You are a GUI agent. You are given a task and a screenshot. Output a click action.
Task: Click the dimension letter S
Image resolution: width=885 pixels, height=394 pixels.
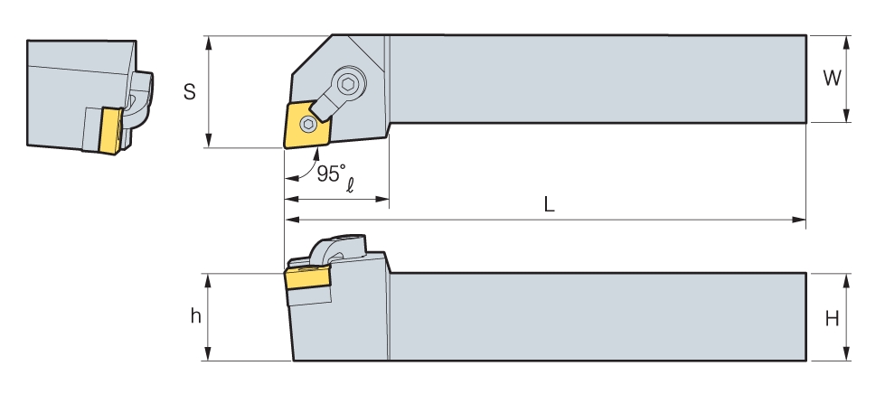click(x=190, y=91)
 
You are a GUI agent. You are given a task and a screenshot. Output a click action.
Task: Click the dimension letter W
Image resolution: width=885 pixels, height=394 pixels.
click(x=832, y=78)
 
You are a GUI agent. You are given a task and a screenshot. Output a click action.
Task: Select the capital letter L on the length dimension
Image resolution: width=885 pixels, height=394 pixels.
click(x=550, y=204)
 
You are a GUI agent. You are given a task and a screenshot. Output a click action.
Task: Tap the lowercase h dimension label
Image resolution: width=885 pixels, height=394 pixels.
click(x=196, y=316)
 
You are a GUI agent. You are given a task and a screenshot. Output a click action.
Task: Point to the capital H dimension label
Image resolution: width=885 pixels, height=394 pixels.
click(x=832, y=320)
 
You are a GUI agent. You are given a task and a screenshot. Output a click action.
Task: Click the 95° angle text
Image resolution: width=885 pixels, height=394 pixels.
click(x=330, y=174)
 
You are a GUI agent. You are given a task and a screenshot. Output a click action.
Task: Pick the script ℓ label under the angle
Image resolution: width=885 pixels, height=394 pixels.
click(x=350, y=184)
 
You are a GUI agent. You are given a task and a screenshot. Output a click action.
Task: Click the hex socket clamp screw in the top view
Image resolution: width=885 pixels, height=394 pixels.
click(x=349, y=85)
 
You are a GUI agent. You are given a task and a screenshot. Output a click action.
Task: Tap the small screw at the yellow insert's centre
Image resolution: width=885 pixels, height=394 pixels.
click(x=308, y=124)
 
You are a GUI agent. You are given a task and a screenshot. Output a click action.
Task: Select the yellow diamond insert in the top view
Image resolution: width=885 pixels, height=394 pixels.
click(x=307, y=124)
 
